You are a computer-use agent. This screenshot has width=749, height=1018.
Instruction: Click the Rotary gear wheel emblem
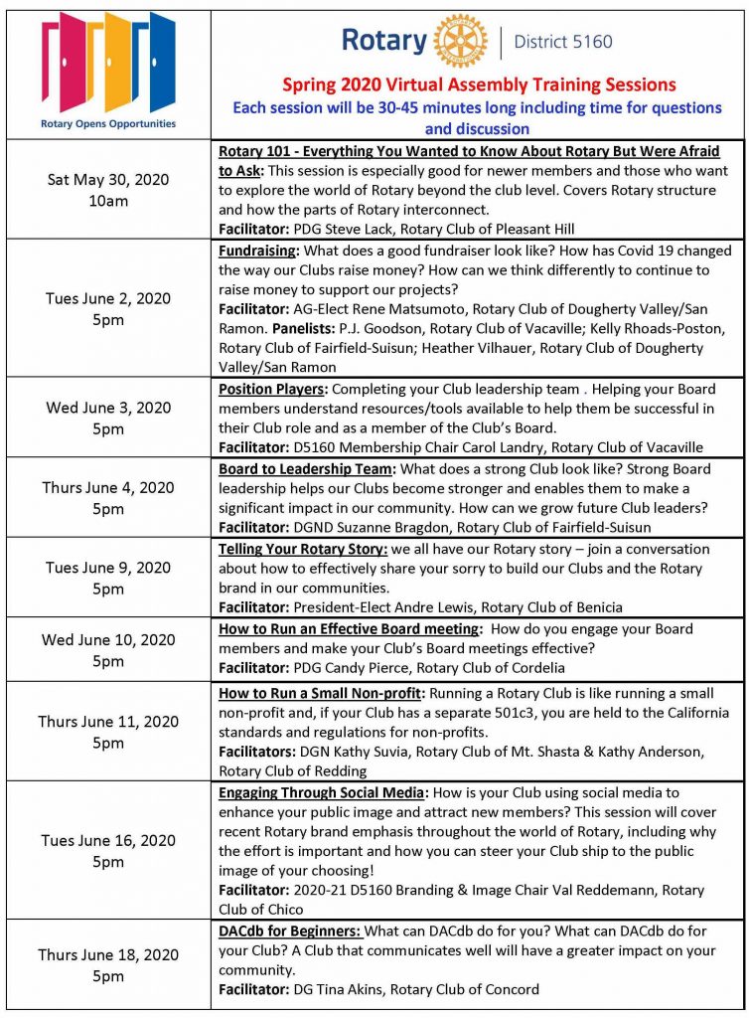tap(461, 42)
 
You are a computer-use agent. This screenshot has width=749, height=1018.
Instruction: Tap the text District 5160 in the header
tap(563, 42)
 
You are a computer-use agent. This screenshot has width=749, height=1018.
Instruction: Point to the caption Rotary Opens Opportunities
tap(108, 124)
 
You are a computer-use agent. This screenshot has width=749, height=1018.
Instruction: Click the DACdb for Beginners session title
tap(289, 931)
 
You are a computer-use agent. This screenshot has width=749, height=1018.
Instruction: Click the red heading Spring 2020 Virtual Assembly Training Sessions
tap(479, 85)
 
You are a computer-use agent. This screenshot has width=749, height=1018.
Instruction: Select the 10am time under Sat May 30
tap(108, 200)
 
